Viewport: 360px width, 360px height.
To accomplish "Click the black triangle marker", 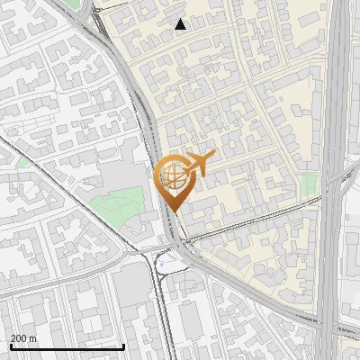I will point(181,24).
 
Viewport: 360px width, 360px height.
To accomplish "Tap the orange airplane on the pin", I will point(196,164).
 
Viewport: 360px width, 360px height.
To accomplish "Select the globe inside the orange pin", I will point(169,176).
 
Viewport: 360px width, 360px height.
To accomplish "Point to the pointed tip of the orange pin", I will point(171,212).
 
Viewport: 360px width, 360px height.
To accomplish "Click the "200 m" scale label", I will point(23,338).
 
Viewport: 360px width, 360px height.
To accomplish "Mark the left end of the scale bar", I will point(11,346).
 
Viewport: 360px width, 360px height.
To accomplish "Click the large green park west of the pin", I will point(121,204).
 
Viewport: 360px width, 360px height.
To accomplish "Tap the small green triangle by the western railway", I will point(23,164).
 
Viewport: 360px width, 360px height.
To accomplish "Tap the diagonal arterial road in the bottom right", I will point(270,297).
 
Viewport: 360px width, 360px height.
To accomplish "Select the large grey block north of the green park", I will point(117,171).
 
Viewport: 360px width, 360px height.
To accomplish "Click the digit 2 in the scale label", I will point(13,338).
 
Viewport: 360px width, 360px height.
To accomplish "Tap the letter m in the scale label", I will point(33,339).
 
